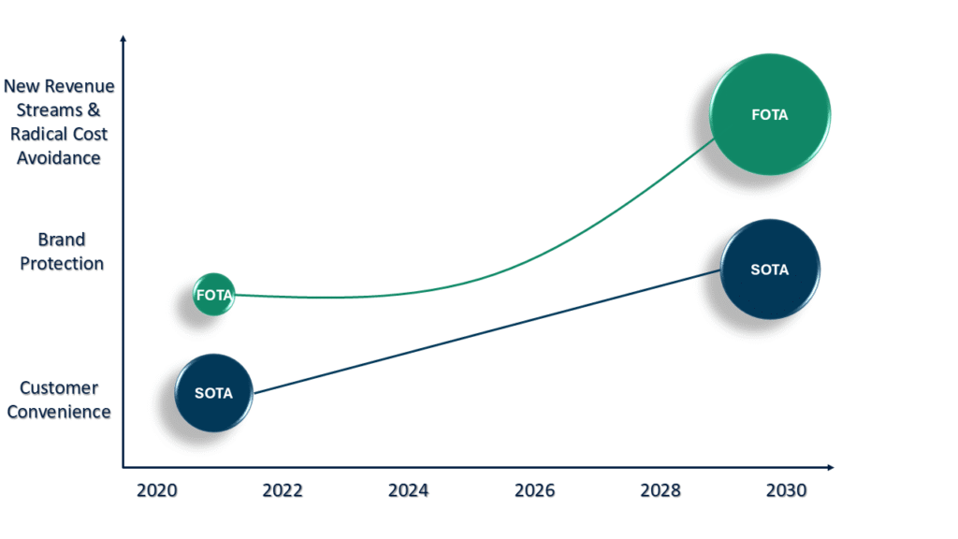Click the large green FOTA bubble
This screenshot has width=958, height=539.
pos(770,115)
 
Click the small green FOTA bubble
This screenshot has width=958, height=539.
pos(213,295)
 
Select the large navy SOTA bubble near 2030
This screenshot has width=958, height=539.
pos(770,269)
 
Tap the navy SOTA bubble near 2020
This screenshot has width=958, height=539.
pos(214,393)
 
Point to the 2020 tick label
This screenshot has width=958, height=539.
pos(155,490)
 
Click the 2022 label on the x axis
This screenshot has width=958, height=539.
pos(282,490)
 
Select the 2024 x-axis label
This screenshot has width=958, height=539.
pos(408,490)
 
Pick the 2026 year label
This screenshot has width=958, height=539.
pos(534,490)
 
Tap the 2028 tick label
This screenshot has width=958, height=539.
pos(660,490)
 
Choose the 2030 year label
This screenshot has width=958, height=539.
pos(787,490)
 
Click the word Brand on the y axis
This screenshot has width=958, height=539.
pos(61,240)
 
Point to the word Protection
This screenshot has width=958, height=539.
pos(62,264)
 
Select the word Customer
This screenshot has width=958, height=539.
pos(59,387)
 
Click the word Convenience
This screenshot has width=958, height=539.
pos(59,412)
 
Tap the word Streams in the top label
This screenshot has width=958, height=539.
pos(48,109)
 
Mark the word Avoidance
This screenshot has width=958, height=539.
pos(59,158)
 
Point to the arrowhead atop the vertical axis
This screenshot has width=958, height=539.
pos(123,40)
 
